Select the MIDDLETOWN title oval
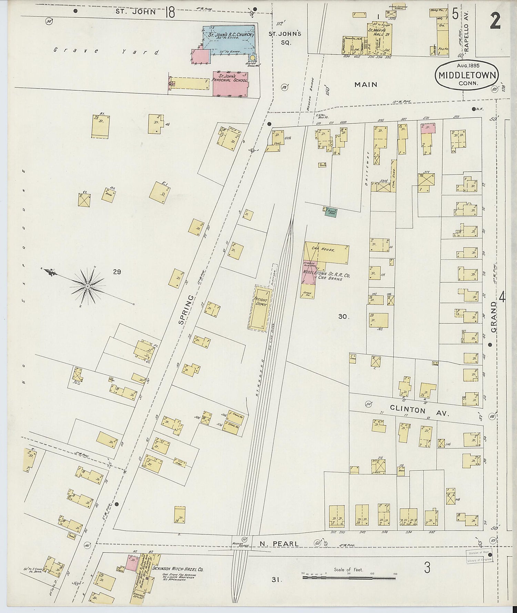(x=467, y=75)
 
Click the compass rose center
(x=88, y=286)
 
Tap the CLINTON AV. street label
(x=419, y=411)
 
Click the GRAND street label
(x=494, y=317)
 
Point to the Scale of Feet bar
(x=349, y=577)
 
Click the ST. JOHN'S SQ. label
(x=285, y=38)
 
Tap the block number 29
(x=117, y=272)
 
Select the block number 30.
(x=343, y=316)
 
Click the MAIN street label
(x=366, y=84)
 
